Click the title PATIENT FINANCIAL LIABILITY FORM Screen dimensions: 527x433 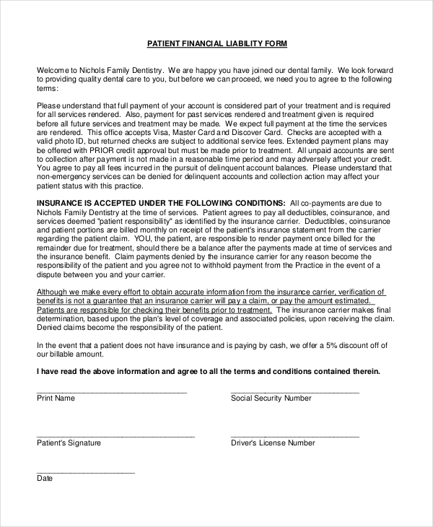tap(216, 44)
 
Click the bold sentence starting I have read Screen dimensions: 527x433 tap(208, 371)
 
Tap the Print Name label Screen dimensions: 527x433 tap(56, 398)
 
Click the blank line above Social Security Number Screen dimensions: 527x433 tap(294, 391)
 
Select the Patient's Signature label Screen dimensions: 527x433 tap(69, 443)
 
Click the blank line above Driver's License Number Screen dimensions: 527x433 tap(294, 436)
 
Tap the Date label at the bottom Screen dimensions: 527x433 tap(45, 478)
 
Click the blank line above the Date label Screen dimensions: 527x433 tap(85, 471)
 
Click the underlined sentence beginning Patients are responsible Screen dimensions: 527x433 tap(154, 310)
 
